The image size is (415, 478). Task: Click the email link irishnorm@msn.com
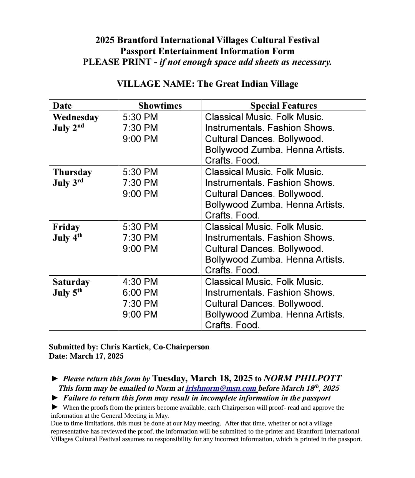(x=221, y=388)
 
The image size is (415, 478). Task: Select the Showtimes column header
(x=160, y=106)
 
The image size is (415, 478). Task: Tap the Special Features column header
(x=283, y=106)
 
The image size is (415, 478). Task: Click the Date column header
(x=62, y=106)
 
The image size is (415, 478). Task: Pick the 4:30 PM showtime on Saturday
(x=140, y=282)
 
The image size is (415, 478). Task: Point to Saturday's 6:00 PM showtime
(x=140, y=293)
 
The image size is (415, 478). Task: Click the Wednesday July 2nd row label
(x=75, y=122)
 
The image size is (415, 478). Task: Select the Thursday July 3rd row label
(x=72, y=177)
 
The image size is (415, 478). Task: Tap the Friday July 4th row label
(x=68, y=232)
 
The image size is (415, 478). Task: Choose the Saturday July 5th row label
(x=71, y=287)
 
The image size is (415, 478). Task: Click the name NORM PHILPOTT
(x=302, y=378)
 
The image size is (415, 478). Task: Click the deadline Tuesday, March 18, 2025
(x=203, y=378)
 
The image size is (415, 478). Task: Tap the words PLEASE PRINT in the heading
(x=117, y=62)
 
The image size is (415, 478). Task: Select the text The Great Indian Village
(x=247, y=84)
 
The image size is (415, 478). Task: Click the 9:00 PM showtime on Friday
(x=140, y=249)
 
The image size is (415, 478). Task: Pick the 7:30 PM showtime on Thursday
(x=140, y=183)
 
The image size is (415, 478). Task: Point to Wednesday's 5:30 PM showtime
(x=140, y=117)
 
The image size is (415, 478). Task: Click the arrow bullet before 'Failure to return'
(x=55, y=398)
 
